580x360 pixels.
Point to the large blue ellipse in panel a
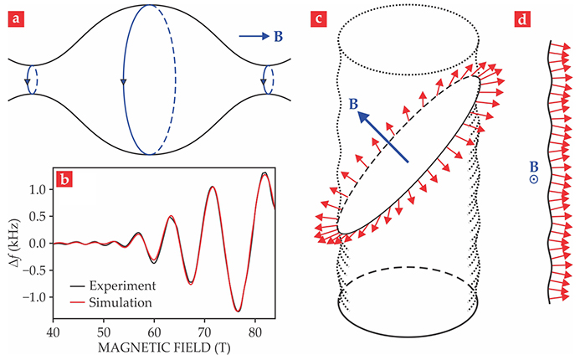124,80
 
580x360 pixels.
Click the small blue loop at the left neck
31,80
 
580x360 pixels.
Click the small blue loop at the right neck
266,80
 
